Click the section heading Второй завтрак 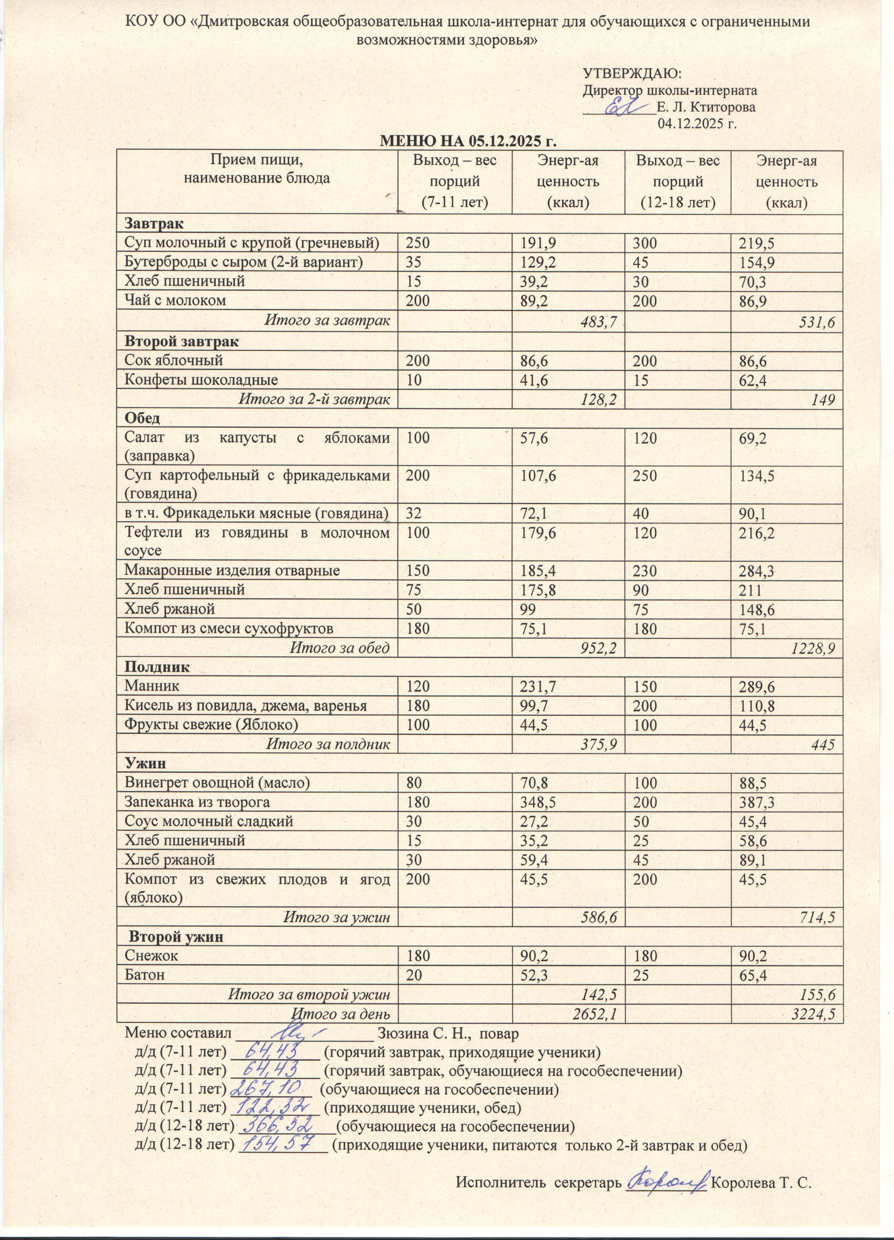click(x=181, y=342)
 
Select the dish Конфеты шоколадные click(x=201, y=379)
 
